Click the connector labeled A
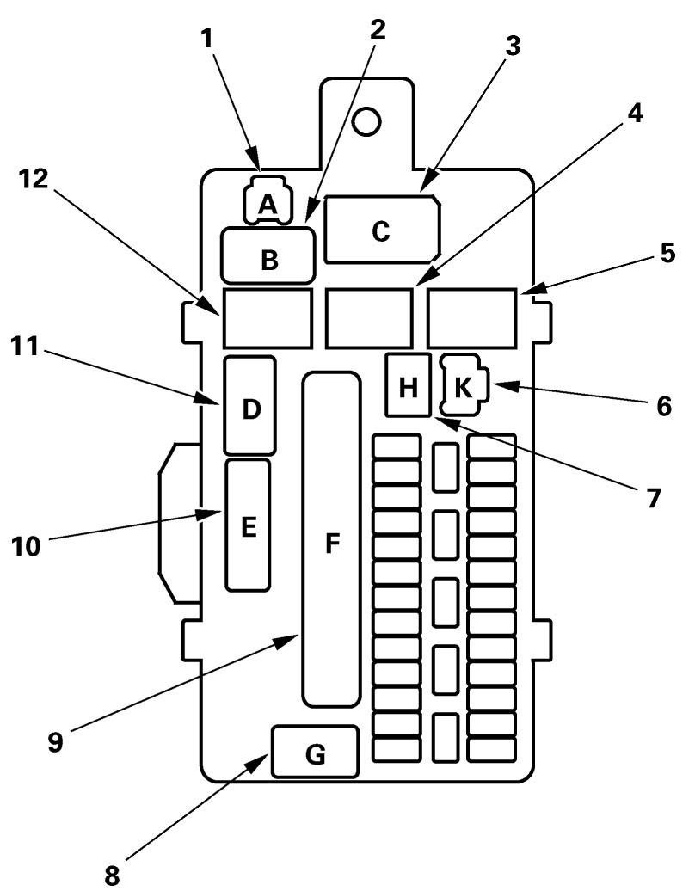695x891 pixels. (x=268, y=203)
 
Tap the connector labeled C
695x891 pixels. (x=382, y=230)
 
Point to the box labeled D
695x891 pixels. (x=249, y=406)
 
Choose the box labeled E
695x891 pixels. (x=248, y=525)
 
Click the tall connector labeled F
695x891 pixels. (x=331, y=539)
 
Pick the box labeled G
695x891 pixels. (x=315, y=751)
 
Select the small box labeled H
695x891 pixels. (x=409, y=384)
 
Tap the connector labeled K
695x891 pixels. (x=464, y=385)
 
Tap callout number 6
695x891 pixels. (x=663, y=404)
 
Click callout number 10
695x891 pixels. (x=26, y=544)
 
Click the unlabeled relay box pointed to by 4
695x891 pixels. (x=369, y=316)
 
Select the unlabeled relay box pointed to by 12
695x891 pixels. (x=267, y=316)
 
